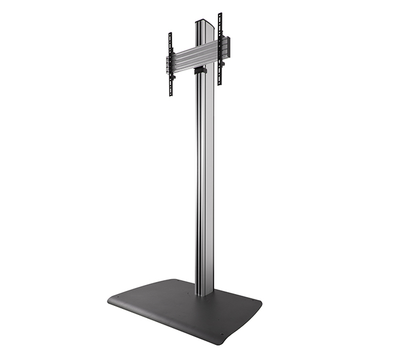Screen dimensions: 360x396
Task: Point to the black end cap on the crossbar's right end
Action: (227, 46)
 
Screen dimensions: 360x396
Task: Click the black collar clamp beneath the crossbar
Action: (200, 71)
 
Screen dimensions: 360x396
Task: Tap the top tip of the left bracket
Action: (170, 34)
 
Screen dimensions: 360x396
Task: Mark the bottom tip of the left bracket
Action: (171, 95)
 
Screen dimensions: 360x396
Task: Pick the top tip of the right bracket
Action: (220, 14)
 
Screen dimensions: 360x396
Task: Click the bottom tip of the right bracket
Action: (220, 83)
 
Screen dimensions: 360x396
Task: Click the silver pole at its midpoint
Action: (204, 180)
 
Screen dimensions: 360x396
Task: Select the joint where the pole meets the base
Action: (204, 293)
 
